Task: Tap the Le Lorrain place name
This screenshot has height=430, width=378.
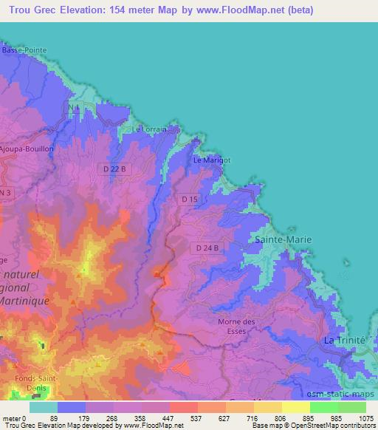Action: tap(154, 129)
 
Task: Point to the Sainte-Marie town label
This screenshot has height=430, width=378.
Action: tap(283, 240)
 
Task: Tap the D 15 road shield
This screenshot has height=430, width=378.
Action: tap(190, 199)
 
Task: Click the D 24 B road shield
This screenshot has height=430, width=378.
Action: tap(207, 248)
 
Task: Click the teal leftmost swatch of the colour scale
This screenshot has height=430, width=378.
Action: tap(43, 407)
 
